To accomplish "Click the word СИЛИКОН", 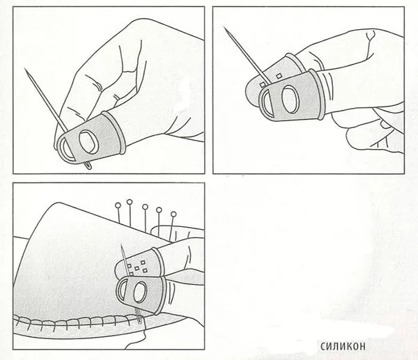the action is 343,347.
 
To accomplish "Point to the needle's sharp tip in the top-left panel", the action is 25,68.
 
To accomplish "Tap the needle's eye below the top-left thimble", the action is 88,165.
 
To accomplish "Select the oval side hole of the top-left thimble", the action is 88,142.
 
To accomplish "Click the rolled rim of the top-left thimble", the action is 114,132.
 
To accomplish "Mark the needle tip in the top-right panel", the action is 224,27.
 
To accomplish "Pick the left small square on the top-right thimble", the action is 263,85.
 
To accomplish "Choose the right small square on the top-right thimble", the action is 279,76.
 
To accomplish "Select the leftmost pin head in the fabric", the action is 118,205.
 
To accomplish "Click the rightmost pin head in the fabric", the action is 173,214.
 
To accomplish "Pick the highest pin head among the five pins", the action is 130,202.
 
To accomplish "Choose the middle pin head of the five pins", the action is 145,207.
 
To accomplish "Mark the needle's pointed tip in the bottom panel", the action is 121,245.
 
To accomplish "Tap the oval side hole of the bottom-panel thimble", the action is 140,292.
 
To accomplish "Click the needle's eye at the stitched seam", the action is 140,319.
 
